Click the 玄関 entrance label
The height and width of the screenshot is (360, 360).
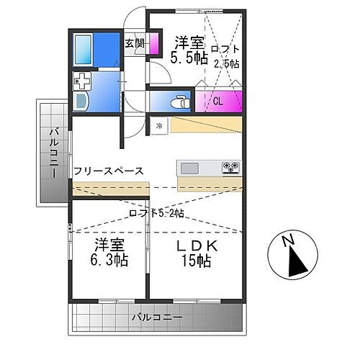tap(135, 43)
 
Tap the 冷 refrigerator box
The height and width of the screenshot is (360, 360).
tap(158, 125)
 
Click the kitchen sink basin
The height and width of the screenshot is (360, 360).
tap(190, 168)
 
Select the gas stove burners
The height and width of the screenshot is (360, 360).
tap(231, 168)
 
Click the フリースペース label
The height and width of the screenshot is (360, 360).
tap(109, 171)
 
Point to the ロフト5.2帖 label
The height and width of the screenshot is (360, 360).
tap(156, 213)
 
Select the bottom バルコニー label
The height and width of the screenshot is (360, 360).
tap(156, 317)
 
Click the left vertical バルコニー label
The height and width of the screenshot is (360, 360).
tap(53, 152)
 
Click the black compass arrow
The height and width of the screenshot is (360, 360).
tap(295, 261)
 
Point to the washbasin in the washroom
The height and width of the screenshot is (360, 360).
tap(81, 102)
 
